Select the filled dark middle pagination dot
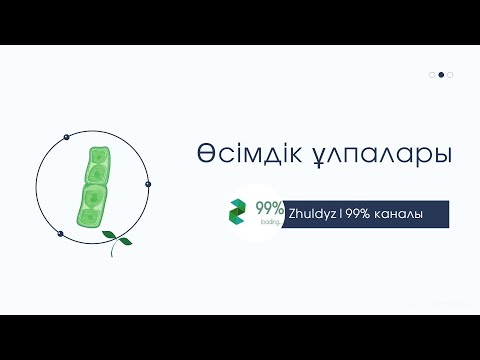(441, 74)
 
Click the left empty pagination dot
(432, 74)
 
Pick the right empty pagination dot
(450, 74)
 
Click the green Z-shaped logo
(238, 212)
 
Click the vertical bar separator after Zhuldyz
(339, 214)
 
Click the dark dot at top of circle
(66, 135)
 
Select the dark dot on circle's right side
(148, 184)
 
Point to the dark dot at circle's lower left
(60, 234)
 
